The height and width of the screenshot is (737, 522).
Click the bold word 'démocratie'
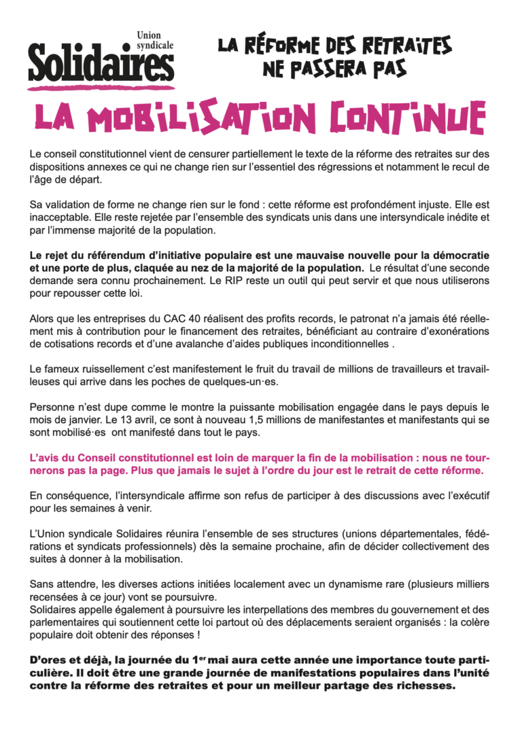pyautogui.click(x=460, y=256)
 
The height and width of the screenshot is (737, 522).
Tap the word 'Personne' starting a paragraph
pyautogui.click(x=52, y=407)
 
